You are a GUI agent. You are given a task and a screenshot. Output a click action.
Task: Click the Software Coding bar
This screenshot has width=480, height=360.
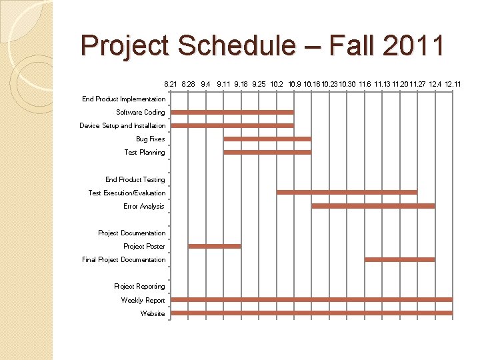click(x=232, y=112)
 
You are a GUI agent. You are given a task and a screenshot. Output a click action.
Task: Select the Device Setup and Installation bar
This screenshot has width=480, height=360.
click(x=232, y=125)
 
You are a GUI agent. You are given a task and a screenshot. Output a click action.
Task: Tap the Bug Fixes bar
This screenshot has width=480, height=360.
click(x=267, y=139)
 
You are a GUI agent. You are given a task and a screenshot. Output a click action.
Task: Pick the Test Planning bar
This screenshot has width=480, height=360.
click(x=267, y=152)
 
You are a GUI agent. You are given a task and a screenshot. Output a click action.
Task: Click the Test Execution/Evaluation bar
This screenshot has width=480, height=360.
click(x=347, y=192)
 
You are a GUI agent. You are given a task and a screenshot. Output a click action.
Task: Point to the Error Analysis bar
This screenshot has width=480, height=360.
click(x=373, y=206)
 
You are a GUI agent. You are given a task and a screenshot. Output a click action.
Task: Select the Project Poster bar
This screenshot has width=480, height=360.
click(x=215, y=246)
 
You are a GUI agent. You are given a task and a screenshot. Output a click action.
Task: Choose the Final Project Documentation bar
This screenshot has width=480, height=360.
click(x=400, y=259)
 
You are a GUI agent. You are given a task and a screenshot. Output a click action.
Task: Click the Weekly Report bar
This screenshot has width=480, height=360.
click(x=312, y=299)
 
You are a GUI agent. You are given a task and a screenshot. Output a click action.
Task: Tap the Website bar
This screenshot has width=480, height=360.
click(x=312, y=313)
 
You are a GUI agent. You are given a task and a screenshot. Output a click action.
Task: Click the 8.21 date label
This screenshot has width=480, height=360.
click(x=171, y=85)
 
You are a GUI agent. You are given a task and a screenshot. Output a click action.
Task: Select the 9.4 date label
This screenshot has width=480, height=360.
click(x=205, y=85)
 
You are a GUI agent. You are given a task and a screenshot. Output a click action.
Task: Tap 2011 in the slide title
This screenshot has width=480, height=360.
click(x=412, y=46)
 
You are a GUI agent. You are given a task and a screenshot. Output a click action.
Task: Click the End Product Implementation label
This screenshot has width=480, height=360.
click(x=123, y=99)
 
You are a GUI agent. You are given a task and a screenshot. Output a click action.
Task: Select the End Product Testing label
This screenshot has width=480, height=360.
click(x=135, y=179)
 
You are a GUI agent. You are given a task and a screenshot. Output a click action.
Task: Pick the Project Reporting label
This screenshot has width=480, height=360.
click(x=139, y=286)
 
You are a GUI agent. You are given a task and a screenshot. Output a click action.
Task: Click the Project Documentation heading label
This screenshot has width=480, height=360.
click(x=131, y=233)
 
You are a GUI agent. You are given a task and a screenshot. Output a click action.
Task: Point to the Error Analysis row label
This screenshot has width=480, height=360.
click(x=143, y=206)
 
